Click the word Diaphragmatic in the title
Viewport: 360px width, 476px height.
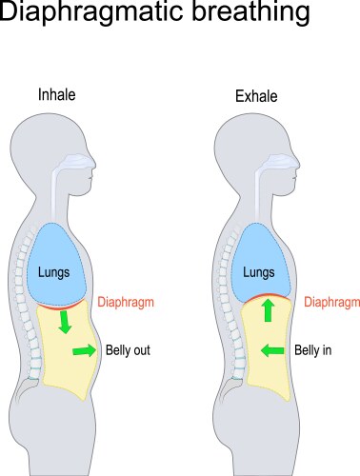click(91, 16)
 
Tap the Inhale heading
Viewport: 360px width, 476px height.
click(56, 95)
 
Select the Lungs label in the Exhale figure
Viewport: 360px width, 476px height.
click(258, 272)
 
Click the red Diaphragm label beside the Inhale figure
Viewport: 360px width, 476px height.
click(126, 303)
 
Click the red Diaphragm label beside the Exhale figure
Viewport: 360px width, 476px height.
click(331, 303)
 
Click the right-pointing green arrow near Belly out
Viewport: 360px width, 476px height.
click(83, 351)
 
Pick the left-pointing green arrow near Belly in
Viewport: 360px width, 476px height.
click(272, 350)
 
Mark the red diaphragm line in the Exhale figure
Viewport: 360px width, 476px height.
click(266, 297)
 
